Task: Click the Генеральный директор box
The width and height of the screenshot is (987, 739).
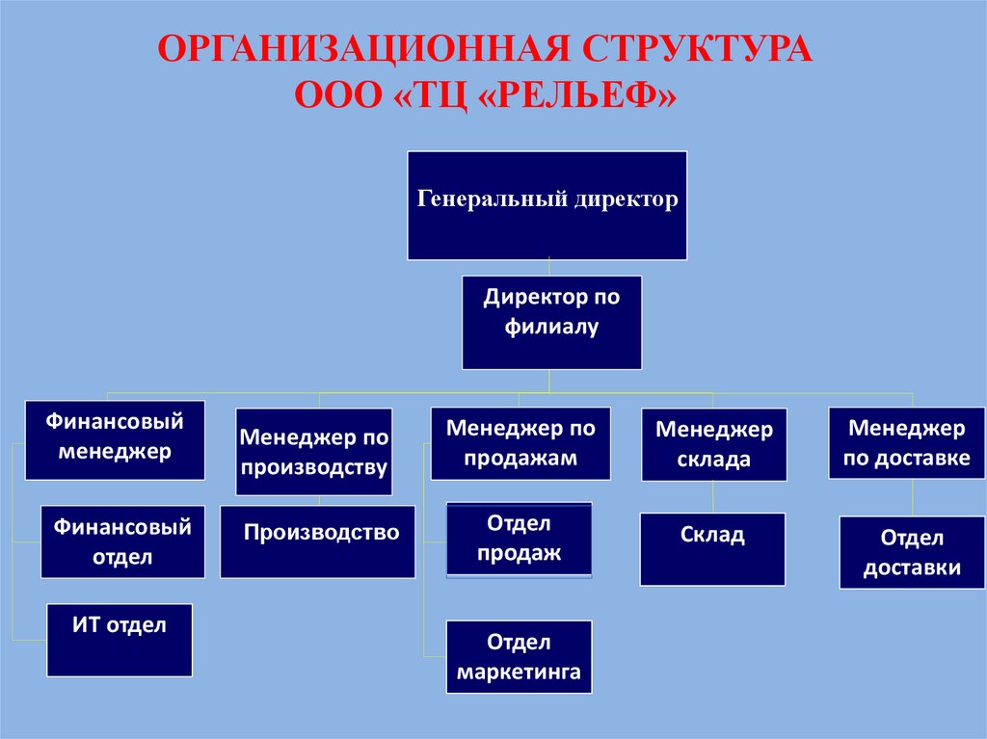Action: click(x=547, y=205)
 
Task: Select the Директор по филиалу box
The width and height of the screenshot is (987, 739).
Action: click(x=551, y=323)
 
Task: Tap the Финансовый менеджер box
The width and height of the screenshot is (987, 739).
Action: click(x=115, y=439)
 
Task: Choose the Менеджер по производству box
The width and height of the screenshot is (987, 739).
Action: click(x=314, y=452)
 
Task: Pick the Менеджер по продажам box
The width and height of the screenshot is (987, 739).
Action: click(x=520, y=443)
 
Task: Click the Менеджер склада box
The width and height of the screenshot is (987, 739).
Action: click(x=714, y=444)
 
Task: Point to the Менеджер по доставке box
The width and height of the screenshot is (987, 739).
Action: click(x=906, y=442)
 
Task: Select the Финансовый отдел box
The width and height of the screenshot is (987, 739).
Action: click(x=122, y=541)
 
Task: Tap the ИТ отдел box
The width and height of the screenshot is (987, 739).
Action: click(x=120, y=640)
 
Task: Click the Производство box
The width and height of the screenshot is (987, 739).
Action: click(x=318, y=541)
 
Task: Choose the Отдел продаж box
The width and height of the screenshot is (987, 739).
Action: click(x=519, y=540)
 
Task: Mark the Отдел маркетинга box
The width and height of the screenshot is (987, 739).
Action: click(x=519, y=657)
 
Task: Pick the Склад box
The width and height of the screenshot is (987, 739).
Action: click(x=712, y=549)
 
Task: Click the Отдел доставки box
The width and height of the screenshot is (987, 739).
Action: click(x=911, y=553)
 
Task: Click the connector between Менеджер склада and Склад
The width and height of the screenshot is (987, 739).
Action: click(x=712, y=497)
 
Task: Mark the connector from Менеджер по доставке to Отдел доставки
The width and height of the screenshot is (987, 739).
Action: click(x=913, y=498)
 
